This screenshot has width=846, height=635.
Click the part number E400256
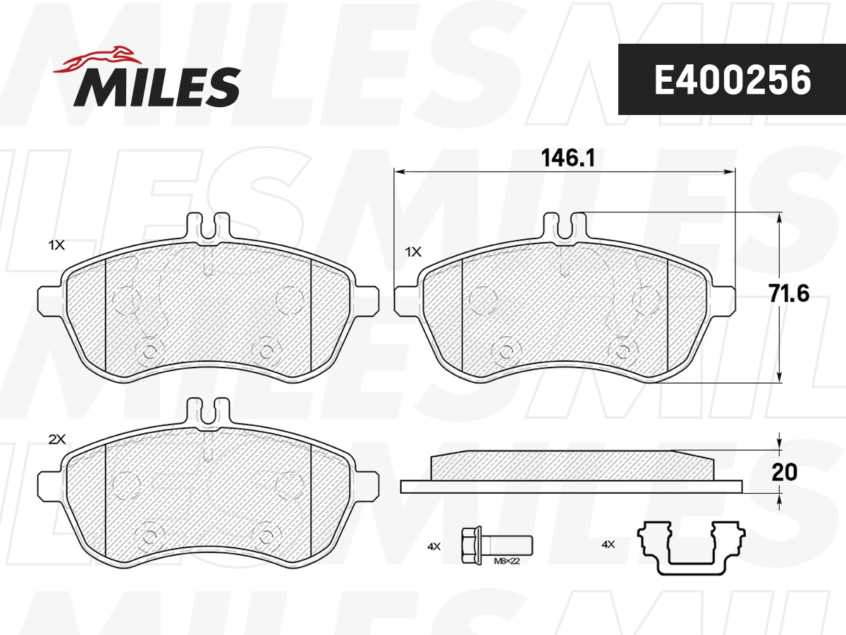732,80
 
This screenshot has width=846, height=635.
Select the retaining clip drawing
690,548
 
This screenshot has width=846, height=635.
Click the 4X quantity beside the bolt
434,546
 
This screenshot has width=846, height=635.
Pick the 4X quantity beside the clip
608,544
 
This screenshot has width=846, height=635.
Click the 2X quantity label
56,439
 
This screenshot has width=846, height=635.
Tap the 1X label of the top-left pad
56,246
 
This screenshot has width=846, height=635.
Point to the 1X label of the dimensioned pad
413,251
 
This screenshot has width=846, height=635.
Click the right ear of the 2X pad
367,487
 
